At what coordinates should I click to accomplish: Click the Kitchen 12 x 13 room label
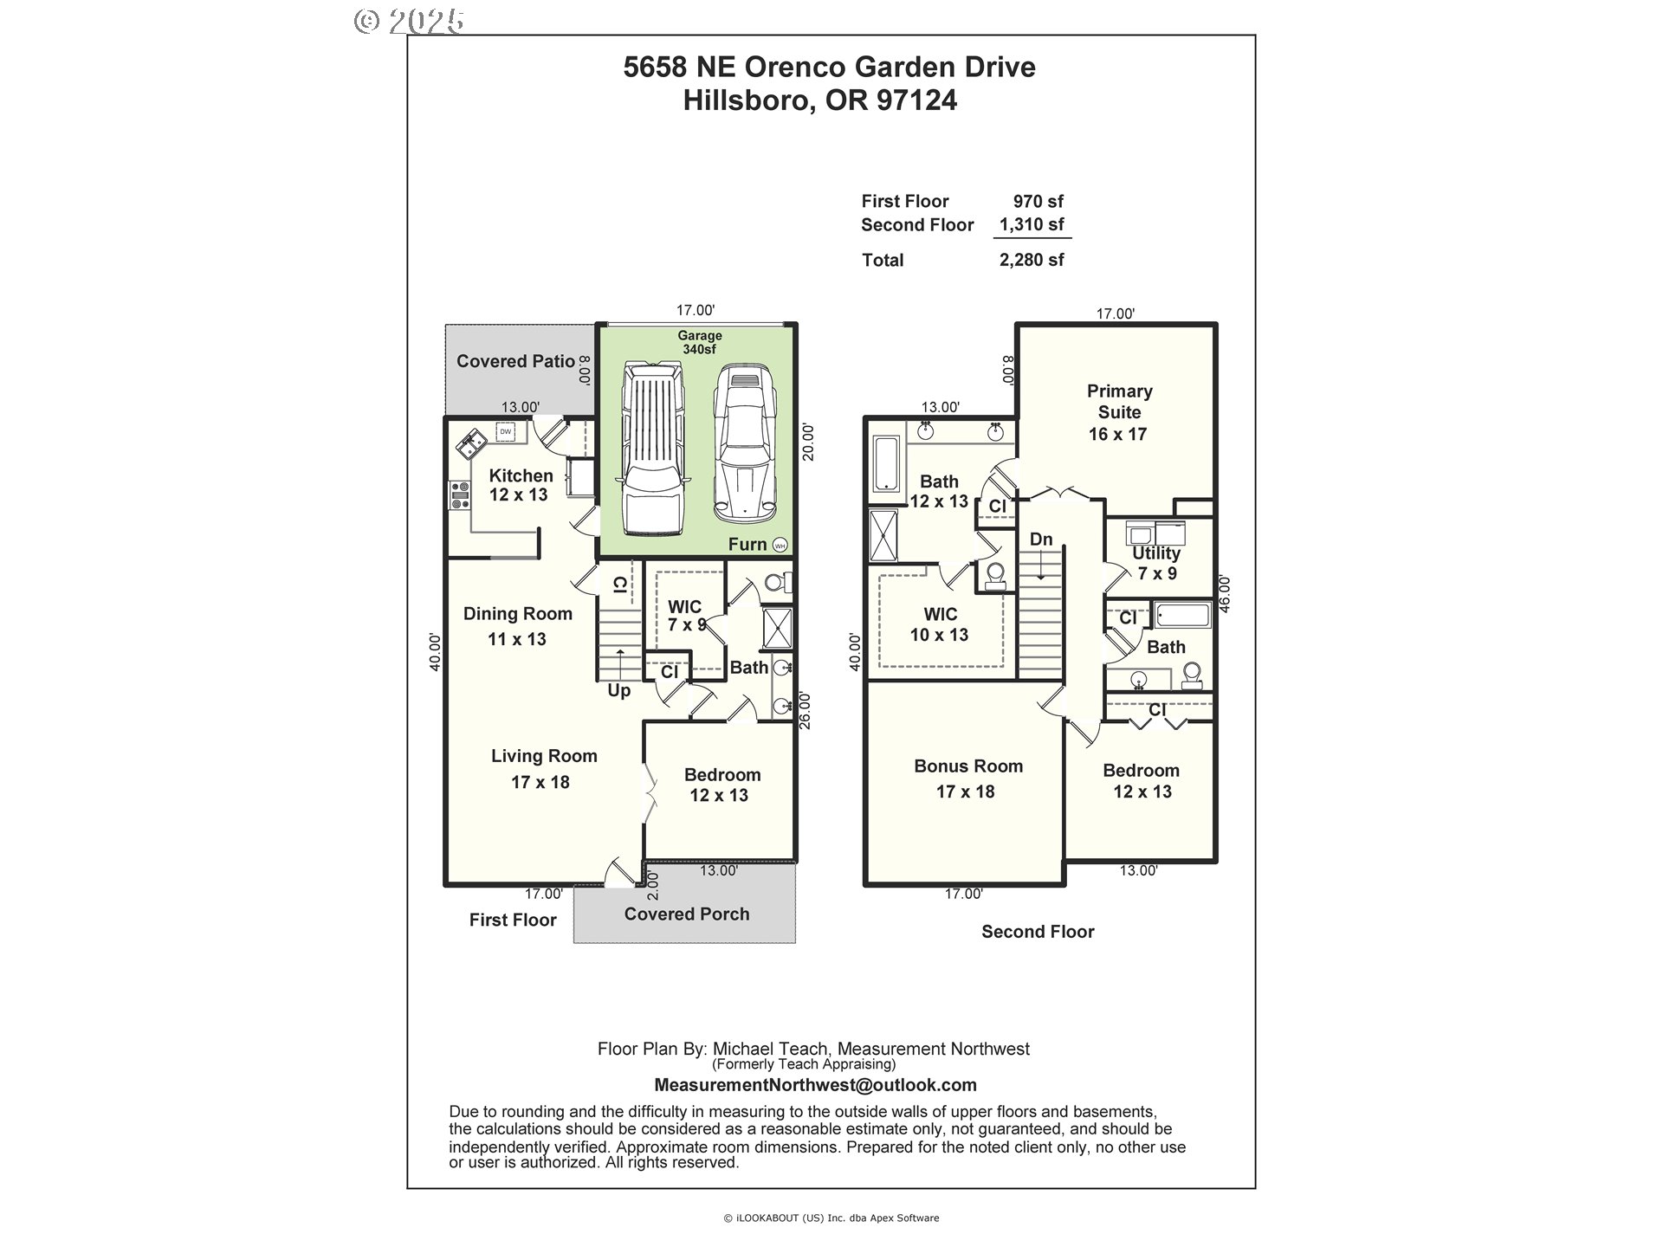pyautogui.click(x=520, y=485)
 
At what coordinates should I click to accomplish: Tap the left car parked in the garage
pyautogui.click(x=652, y=452)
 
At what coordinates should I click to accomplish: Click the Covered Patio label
pyautogui.click(x=515, y=361)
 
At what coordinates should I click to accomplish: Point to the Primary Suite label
pyautogui.click(x=1119, y=412)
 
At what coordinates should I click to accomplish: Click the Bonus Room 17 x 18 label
pyautogui.click(x=967, y=778)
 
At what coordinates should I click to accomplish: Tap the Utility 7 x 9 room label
pyautogui.click(x=1156, y=563)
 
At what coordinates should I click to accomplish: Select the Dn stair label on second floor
pyautogui.click(x=1040, y=540)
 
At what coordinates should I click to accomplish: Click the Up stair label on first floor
pyautogui.click(x=618, y=690)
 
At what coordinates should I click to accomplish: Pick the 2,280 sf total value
pyautogui.click(x=1031, y=260)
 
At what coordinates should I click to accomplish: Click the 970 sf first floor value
pyautogui.click(x=1038, y=201)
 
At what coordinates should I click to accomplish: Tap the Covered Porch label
pyautogui.click(x=686, y=914)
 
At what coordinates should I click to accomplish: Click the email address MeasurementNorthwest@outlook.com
pyautogui.click(x=815, y=1085)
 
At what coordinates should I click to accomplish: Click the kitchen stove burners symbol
pyautogui.click(x=459, y=495)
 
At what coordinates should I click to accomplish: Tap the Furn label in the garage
pyautogui.click(x=747, y=544)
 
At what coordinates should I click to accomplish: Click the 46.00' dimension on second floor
pyautogui.click(x=1224, y=595)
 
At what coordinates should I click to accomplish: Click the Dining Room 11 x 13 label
pyautogui.click(x=517, y=625)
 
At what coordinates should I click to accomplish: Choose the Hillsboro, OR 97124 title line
pyautogui.click(x=819, y=100)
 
